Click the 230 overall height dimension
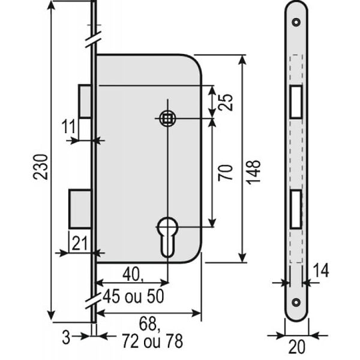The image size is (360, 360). [41, 167]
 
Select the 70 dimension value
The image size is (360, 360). [225, 173]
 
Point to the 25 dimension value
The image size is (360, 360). [225, 103]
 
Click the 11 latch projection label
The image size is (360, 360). [68, 127]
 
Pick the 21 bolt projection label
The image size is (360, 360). [80, 244]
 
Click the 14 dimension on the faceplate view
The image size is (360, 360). [321, 271]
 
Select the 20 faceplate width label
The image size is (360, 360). [297, 347]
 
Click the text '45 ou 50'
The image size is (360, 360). [133, 296]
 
